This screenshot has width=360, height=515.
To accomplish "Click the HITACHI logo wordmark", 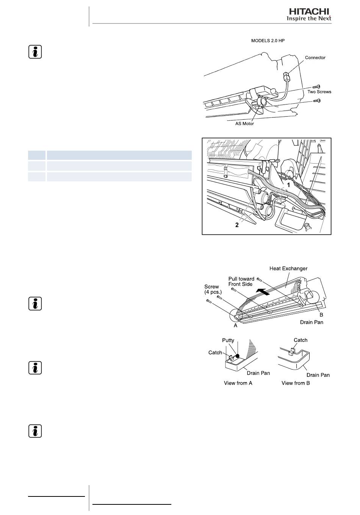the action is click(x=309, y=11).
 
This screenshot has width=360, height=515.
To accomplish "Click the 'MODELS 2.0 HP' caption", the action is click(x=268, y=41).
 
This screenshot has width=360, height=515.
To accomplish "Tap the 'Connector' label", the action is click(x=315, y=58).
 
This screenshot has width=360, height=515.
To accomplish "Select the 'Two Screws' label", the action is click(x=319, y=92).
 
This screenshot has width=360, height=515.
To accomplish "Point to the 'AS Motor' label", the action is click(x=244, y=123).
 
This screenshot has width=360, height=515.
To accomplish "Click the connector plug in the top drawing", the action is click(x=286, y=76).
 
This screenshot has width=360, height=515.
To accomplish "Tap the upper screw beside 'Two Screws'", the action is click(x=316, y=87).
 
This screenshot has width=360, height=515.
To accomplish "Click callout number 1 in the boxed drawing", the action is click(x=288, y=185).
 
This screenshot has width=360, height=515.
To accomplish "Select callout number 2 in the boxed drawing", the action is click(x=237, y=225).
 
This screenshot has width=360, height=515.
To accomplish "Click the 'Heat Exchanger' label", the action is click(x=288, y=268).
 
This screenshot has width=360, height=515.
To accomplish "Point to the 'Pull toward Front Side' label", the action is click(x=241, y=281).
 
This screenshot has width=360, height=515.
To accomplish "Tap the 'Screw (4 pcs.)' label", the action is click(x=213, y=289).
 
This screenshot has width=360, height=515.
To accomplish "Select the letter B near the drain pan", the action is click(x=321, y=315).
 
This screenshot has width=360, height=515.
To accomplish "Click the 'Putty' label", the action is click(x=228, y=340).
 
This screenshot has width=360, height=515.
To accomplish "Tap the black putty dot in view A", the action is click(x=238, y=356).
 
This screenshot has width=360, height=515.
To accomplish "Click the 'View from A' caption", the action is click(x=238, y=383).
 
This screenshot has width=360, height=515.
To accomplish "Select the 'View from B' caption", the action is click(x=296, y=383).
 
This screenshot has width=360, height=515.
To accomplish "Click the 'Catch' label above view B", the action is click(x=301, y=340).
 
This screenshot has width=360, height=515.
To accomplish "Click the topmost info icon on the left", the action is click(x=35, y=52).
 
